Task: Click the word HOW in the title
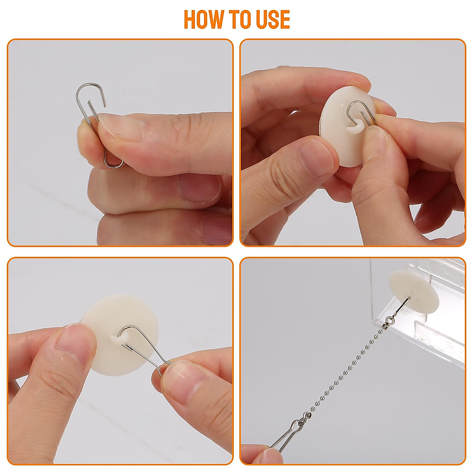(202, 19)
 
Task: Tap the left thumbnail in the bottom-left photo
(73, 336)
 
